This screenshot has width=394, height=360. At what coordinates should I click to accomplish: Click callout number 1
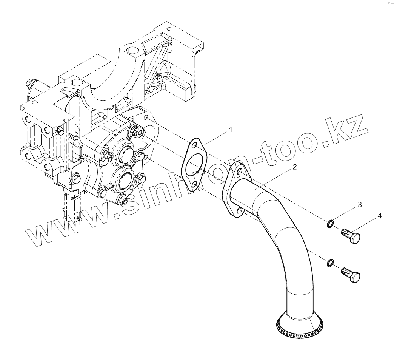pyautogui.click(x=230, y=130)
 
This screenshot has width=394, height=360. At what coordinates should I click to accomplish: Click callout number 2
pyautogui.click(x=294, y=167)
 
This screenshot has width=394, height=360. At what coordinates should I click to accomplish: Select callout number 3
pyautogui.click(x=360, y=205)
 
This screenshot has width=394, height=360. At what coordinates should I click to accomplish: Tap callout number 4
pyautogui.click(x=379, y=216)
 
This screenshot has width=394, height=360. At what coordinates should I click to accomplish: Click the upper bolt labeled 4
pyautogui.click(x=351, y=236)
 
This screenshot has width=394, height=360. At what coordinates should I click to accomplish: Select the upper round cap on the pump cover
pyautogui.click(x=125, y=153)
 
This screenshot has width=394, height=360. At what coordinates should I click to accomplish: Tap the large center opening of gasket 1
pyautogui.click(x=193, y=165)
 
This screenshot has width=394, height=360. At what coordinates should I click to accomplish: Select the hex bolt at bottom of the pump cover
pyautogui.click(x=123, y=199)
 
